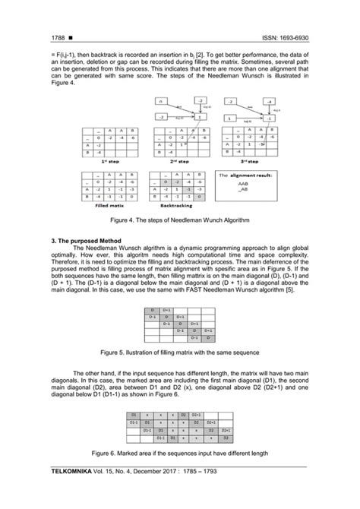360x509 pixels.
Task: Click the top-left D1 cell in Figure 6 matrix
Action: tap(133, 415)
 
